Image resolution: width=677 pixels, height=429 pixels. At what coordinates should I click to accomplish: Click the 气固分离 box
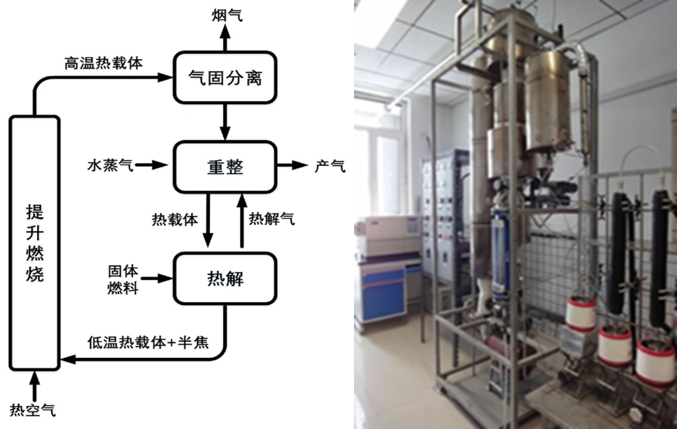coord(225,78)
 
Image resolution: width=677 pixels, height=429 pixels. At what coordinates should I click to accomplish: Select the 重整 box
coord(225,166)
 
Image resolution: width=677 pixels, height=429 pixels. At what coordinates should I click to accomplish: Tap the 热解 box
coord(225,278)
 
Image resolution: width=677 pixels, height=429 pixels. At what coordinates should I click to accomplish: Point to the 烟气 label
coord(226,16)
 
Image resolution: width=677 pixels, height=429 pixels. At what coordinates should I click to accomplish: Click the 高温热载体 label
coord(104,63)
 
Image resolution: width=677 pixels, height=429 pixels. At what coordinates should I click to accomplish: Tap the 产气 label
coord(330,166)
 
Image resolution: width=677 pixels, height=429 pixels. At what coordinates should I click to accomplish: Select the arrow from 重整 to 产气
coord(292,166)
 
